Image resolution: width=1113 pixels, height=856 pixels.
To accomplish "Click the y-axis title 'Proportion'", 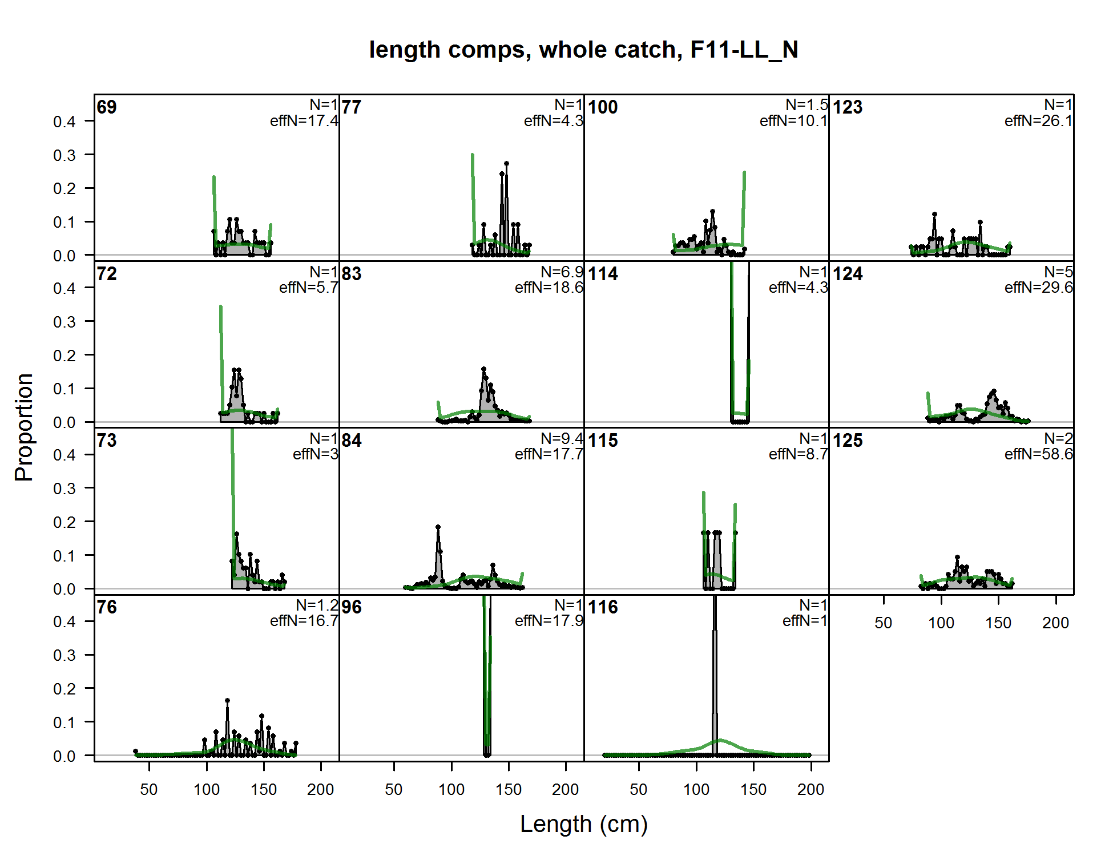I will [x=24, y=427].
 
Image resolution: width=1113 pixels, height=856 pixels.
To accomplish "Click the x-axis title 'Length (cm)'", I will [x=584, y=824].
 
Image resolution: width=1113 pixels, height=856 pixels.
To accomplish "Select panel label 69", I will [x=107, y=107].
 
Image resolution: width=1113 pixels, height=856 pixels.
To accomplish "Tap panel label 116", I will [x=603, y=607].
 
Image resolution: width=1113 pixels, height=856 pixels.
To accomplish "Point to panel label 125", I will [x=848, y=441].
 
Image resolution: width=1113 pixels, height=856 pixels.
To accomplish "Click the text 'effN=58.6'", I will [x=1039, y=454].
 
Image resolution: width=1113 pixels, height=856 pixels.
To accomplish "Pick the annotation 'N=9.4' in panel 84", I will [x=562, y=438].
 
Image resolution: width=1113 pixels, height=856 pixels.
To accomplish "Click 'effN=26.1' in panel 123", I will [x=1039, y=121].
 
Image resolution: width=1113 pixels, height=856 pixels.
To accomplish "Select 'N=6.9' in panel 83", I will [x=562, y=272].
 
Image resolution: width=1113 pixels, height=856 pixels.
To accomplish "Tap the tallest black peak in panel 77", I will [x=506, y=164].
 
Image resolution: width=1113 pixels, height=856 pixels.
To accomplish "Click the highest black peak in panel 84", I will [x=438, y=527].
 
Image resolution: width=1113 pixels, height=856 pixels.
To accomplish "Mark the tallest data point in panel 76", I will [x=227, y=700].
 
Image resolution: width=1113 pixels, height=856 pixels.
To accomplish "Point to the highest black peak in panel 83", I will [x=483, y=369].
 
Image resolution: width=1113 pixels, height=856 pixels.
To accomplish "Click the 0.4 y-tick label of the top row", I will [x=64, y=122].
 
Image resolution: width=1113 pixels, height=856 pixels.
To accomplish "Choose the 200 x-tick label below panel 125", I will [x=1055, y=623].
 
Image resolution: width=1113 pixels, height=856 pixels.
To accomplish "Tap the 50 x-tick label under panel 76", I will [x=149, y=789].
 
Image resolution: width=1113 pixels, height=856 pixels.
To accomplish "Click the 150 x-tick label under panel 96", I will [x=508, y=789].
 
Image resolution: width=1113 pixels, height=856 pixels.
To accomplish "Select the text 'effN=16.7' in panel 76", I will [x=304, y=621].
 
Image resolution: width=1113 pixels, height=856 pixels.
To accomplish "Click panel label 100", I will [x=603, y=107].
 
